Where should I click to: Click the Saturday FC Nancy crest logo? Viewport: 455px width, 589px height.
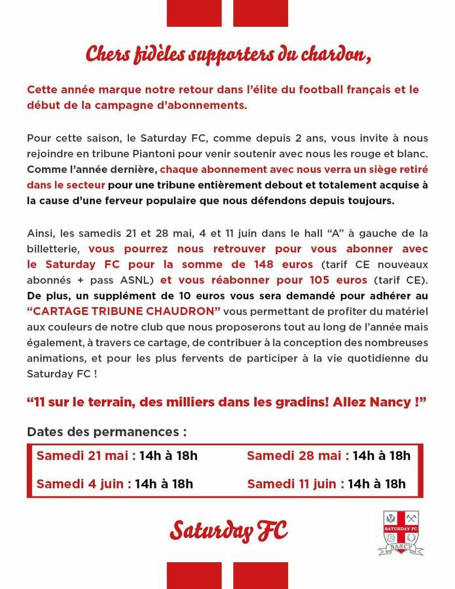[x=401, y=533]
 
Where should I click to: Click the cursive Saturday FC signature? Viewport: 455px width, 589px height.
[x=228, y=531]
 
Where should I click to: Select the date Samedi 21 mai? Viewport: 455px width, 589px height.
[x=86, y=455]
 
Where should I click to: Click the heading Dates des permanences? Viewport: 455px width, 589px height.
[x=107, y=432]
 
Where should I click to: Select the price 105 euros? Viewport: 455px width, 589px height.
[x=334, y=279]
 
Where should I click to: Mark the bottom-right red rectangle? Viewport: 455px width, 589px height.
[x=261, y=575]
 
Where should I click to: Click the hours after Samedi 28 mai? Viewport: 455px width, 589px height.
[x=381, y=455]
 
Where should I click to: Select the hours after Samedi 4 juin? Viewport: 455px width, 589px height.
[x=164, y=484]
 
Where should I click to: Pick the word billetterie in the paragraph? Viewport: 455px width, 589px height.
[x=54, y=249]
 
